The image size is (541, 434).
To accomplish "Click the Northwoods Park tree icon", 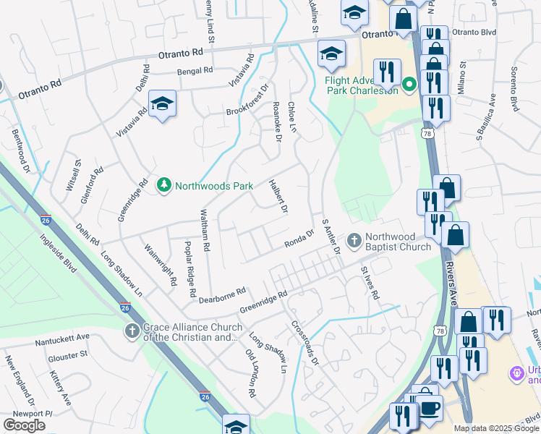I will pos(165,186).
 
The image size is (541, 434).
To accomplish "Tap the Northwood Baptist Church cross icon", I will pos(354,239).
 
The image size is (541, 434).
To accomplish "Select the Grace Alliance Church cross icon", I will pos(132,331).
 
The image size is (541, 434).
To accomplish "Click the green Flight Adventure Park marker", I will pos(409,85).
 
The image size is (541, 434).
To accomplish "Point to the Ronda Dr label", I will pos(299,239).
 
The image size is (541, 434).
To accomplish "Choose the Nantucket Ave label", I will pos(61,336).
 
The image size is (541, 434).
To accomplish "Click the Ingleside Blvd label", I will pos(58,253).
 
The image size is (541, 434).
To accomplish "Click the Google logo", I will pos(24,425).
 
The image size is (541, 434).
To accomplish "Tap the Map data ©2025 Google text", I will pos(496,428).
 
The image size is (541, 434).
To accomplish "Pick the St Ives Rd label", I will pos(370,283).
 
